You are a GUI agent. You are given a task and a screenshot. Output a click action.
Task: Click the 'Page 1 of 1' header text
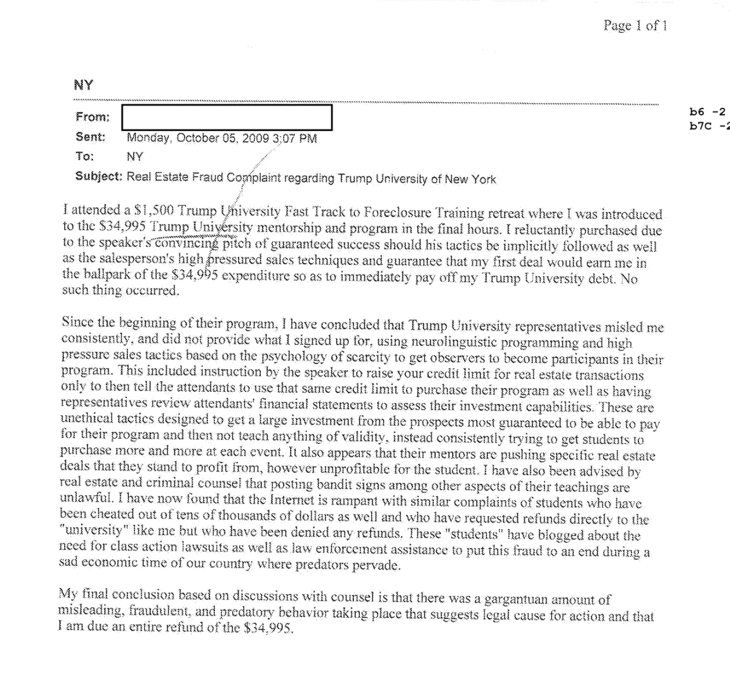click(x=635, y=25)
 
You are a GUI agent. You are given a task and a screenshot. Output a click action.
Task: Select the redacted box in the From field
click(x=226, y=117)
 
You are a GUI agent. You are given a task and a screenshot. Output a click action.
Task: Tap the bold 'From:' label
click(x=93, y=117)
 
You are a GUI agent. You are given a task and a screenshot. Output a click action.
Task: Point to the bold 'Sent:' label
click(x=91, y=137)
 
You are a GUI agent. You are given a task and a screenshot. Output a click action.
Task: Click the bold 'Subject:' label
click(x=98, y=176)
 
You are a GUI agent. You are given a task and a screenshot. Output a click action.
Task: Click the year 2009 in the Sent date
click(x=256, y=138)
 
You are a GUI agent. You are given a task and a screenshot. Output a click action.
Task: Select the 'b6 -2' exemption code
click(x=707, y=112)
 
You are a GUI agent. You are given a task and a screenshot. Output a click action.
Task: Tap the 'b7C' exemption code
click(x=700, y=125)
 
